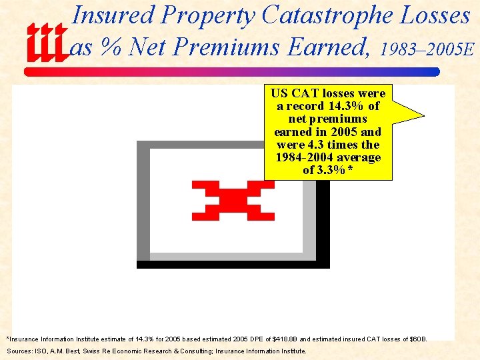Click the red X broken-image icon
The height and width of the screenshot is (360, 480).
pyautogui.click(x=233, y=200)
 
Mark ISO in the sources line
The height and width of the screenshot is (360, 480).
pyautogui.click(x=39, y=351)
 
